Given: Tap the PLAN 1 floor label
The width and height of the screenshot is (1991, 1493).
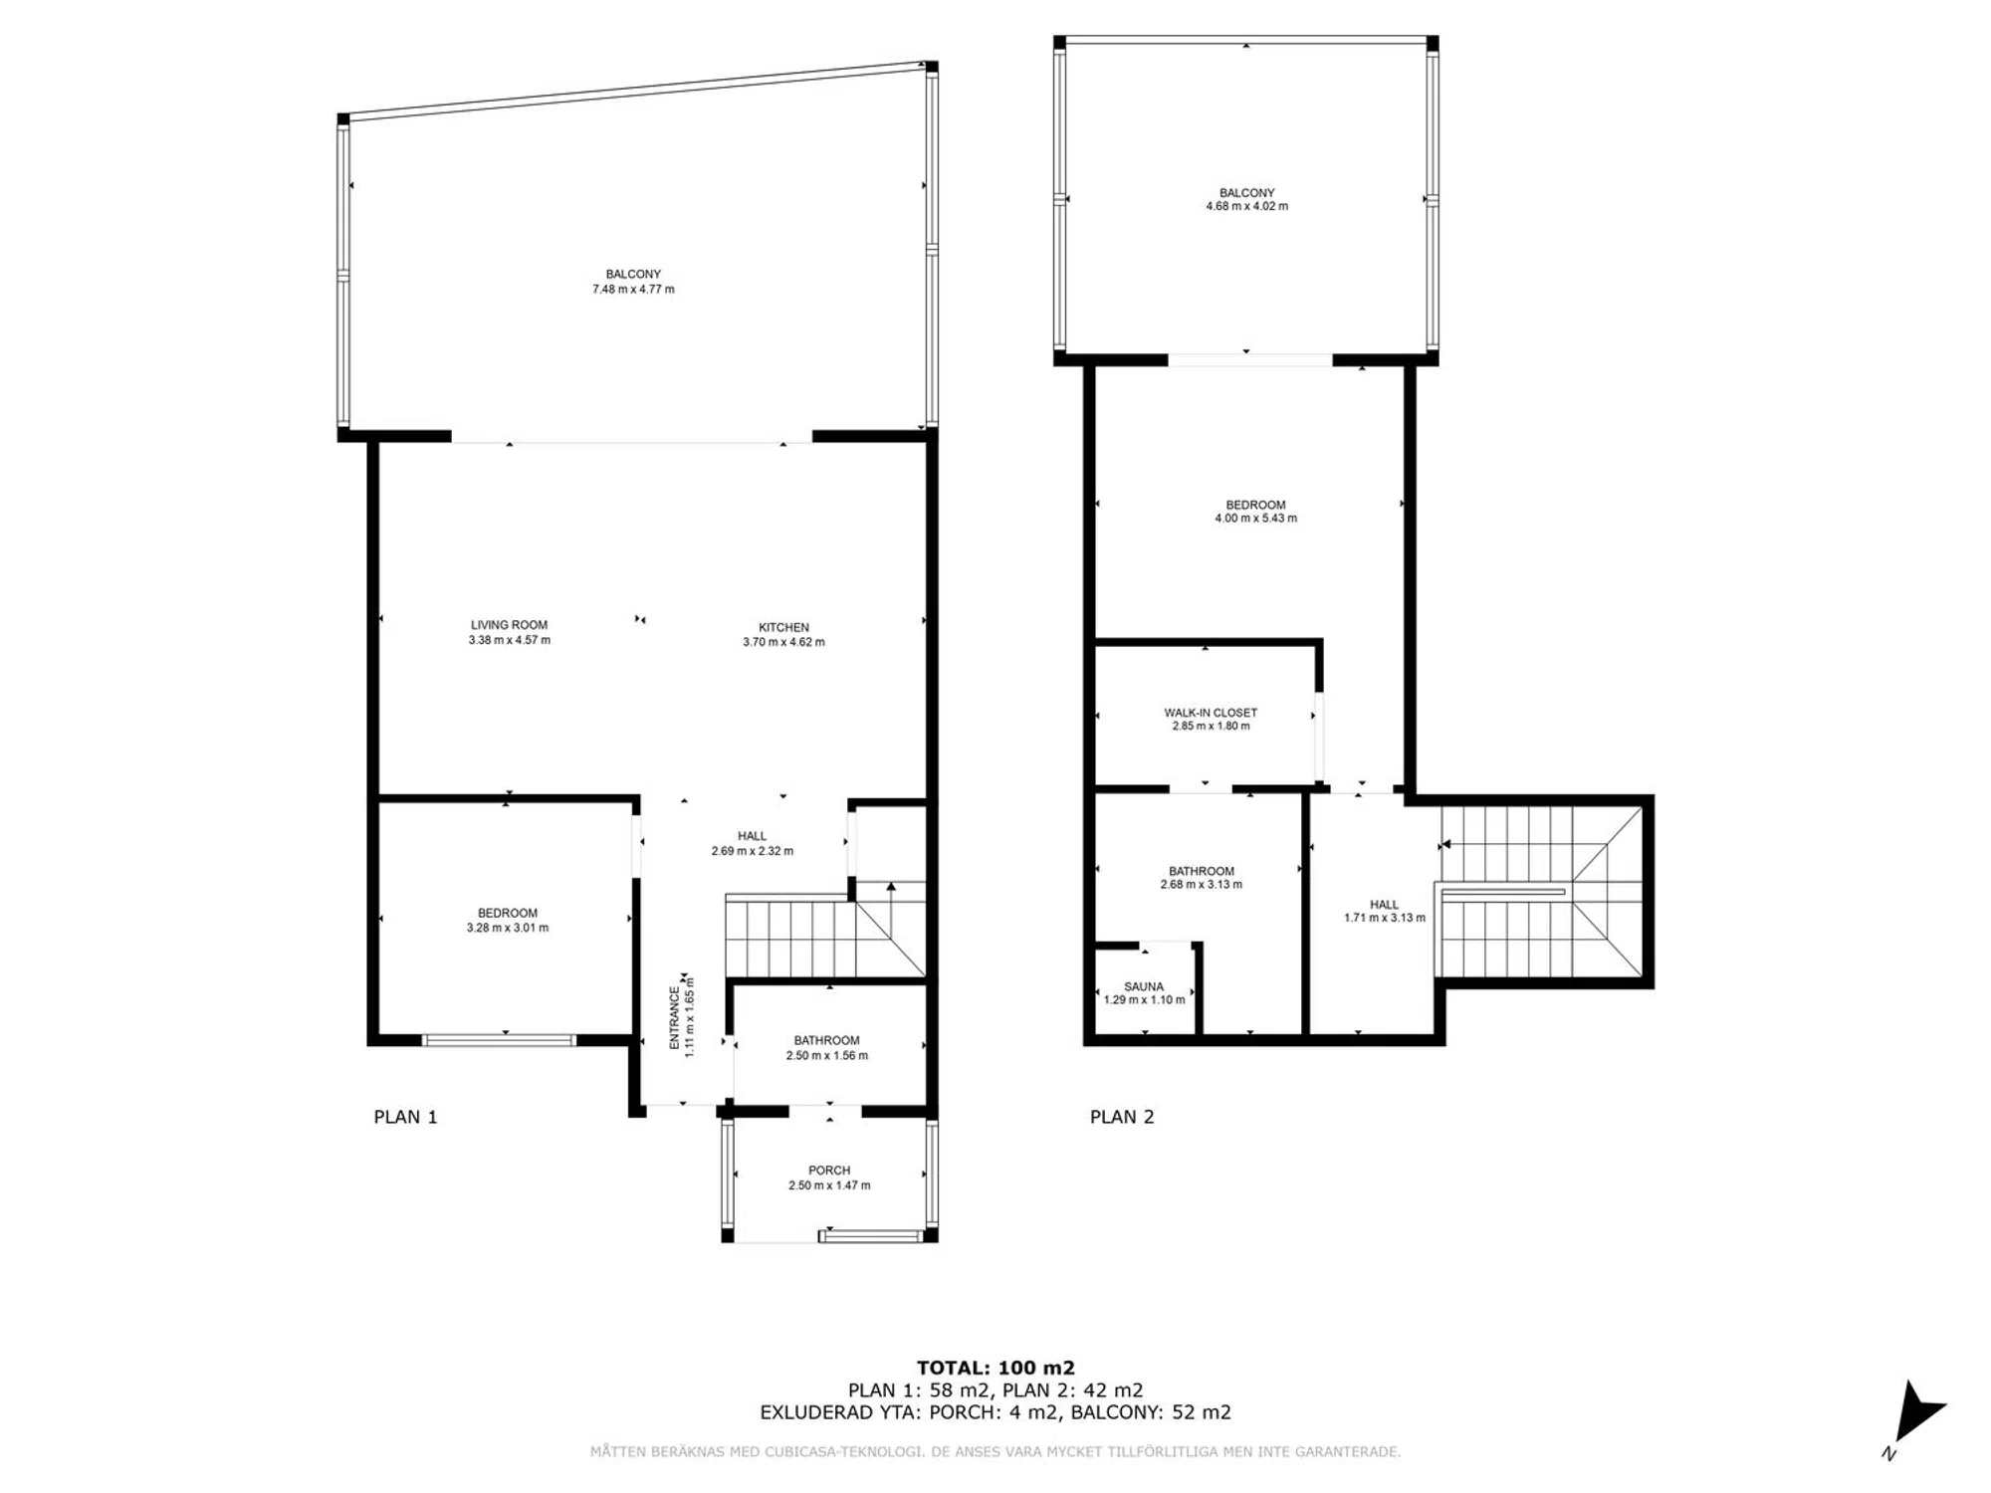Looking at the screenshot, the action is click(x=405, y=1117).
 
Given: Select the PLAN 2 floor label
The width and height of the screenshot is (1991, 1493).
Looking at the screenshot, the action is click(x=1122, y=1117).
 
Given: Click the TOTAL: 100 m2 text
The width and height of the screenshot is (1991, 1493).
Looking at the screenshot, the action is click(x=995, y=1368).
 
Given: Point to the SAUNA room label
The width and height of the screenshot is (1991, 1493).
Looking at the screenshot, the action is click(x=1144, y=986).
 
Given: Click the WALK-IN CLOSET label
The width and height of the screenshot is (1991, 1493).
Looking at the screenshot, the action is click(x=1211, y=713).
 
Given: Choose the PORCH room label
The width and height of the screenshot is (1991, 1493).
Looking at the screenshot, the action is click(x=829, y=1171).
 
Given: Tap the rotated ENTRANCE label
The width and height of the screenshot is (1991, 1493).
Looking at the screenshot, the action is click(x=675, y=1017).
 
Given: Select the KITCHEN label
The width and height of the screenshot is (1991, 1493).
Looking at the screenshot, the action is click(x=783, y=627).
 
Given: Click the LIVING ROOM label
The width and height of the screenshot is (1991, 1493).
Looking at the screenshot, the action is click(x=509, y=625).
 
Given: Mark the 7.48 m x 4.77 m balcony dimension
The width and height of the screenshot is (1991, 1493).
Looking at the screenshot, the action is click(x=633, y=290).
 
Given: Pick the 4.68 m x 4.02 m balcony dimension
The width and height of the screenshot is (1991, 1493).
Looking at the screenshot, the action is click(x=1246, y=207).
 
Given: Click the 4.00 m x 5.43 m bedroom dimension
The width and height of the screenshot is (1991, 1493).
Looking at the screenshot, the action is click(x=1255, y=519).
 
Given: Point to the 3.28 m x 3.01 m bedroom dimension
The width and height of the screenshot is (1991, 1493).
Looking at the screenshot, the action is click(x=508, y=928).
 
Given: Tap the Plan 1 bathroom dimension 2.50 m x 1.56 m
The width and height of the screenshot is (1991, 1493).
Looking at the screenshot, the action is click(x=827, y=1055).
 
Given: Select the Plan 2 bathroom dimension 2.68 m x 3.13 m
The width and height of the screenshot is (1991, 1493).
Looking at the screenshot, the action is click(x=1202, y=884).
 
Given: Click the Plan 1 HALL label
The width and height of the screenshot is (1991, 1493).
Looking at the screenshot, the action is click(x=752, y=836).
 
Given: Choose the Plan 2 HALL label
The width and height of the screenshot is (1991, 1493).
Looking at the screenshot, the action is click(x=1384, y=905).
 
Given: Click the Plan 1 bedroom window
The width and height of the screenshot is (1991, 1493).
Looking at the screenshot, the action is click(x=499, y=1040).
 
